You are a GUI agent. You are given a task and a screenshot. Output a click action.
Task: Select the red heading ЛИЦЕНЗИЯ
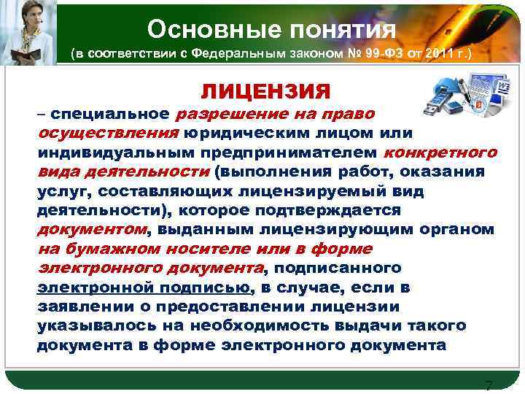[266, 92]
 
